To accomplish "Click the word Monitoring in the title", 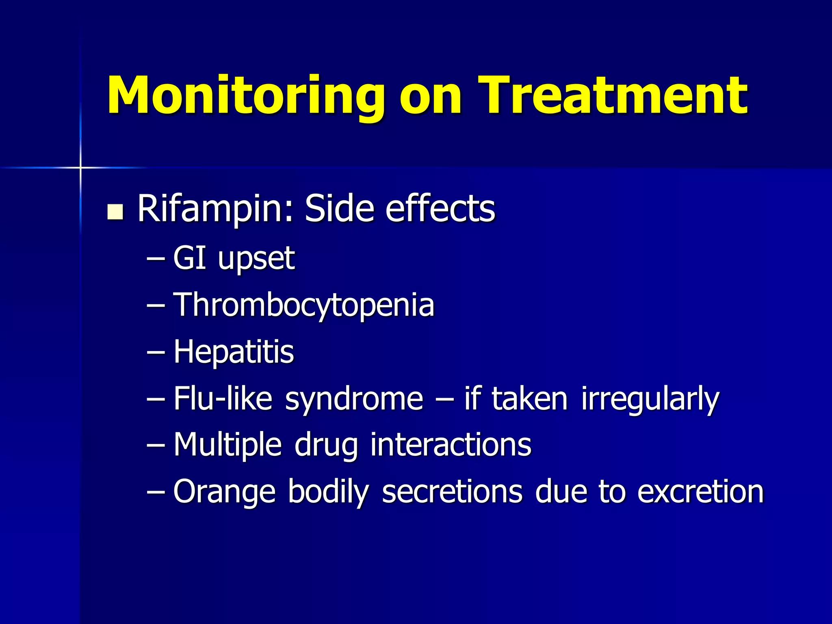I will point(245,96).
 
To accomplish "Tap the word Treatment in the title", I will point(612,96).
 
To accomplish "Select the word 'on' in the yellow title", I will point(431,97).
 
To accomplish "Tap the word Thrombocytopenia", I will point(304,305).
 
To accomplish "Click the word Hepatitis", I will point(234,352).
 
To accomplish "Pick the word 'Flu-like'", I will point(223,399).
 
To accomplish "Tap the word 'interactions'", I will point(451,445).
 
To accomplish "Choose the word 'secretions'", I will point(452,492).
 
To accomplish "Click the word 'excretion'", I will point(700,492).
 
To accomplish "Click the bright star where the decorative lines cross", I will point(80,167).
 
